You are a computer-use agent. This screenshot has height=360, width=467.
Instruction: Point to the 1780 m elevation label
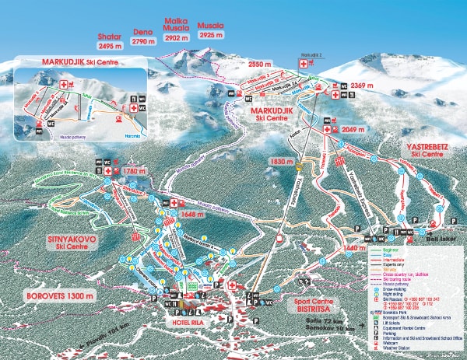(135, 170)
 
